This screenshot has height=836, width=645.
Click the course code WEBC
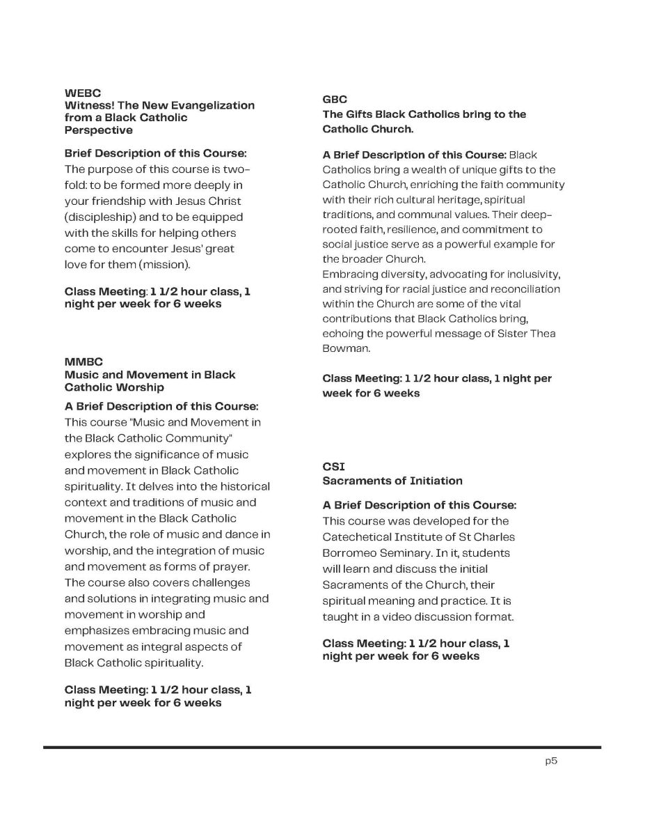click(x=83, y=93)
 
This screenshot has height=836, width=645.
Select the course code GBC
click(x=335, y=100)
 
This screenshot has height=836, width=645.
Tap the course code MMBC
click(x=83, y=362)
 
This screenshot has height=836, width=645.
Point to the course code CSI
click(x=333, y=466)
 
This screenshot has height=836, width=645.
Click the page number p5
click(x=551, y=761)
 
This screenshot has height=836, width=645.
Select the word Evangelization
click(x=216, y=105)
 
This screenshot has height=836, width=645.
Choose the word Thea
click(x=544, y=334)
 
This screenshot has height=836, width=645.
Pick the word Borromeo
click(x=347, y=552)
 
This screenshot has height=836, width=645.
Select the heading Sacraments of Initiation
click(x=392, y=481)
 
